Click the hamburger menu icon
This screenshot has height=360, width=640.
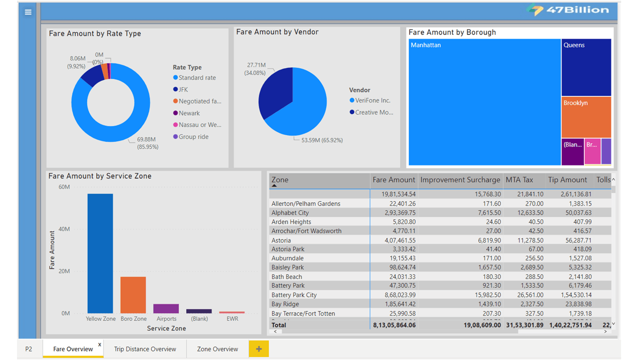click(x=28, y=12)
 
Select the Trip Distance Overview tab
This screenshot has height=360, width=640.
click(x=144, y=349)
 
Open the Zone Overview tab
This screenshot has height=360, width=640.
click(x=217, y=349)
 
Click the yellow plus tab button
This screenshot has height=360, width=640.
click(x=258, y=349)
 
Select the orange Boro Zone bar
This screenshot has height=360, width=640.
click(x=133, y=295)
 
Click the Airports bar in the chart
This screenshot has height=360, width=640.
click(x=166, y=308)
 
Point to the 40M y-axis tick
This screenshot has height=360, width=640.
click(x=64, y=229)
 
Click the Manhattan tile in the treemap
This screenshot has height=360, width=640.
click(x=484, y=102)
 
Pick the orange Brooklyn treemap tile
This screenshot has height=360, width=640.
click(x=585, y=117)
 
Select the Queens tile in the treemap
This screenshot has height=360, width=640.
click(x=585, y=67)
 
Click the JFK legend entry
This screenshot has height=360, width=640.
click(x=183, y=89)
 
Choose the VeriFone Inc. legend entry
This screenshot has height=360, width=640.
click(x=372, y=100)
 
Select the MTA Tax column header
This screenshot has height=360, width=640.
click(x=519, y=180)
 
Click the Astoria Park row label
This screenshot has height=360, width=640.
click(x=287, y=249)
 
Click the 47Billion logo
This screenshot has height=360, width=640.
click(x=568, y=10)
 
